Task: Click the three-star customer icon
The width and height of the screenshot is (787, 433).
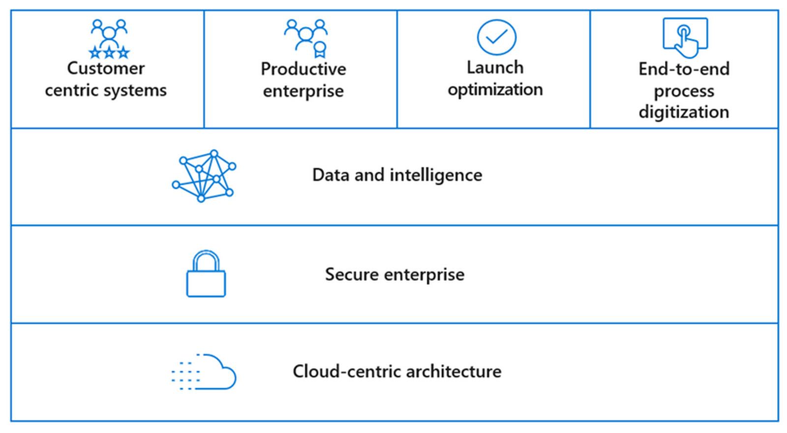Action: (x=109, y=39)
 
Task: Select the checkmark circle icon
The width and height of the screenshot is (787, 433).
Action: (x=496, y=37)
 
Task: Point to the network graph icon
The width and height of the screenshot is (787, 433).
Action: (x=204, y=176)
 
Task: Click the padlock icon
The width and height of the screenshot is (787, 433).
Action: (x=206, y=274)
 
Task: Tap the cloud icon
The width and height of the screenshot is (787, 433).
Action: (x=204, y=372)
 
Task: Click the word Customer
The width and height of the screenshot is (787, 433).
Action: (x=106, y=68)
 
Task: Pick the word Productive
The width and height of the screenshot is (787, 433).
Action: (x=303, y=69)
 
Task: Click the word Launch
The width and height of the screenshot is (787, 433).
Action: (x=495, y=67)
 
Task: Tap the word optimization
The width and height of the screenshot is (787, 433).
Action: (x=495, y=90)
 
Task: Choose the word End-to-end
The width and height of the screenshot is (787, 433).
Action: (x=684, y=69)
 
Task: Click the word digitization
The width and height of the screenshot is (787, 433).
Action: (x=684, y=112)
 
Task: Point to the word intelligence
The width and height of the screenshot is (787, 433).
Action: (x=436, y=175)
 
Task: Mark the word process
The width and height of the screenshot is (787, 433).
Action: (x=684, y=92)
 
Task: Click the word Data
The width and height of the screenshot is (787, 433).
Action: (x=330, y=175)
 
